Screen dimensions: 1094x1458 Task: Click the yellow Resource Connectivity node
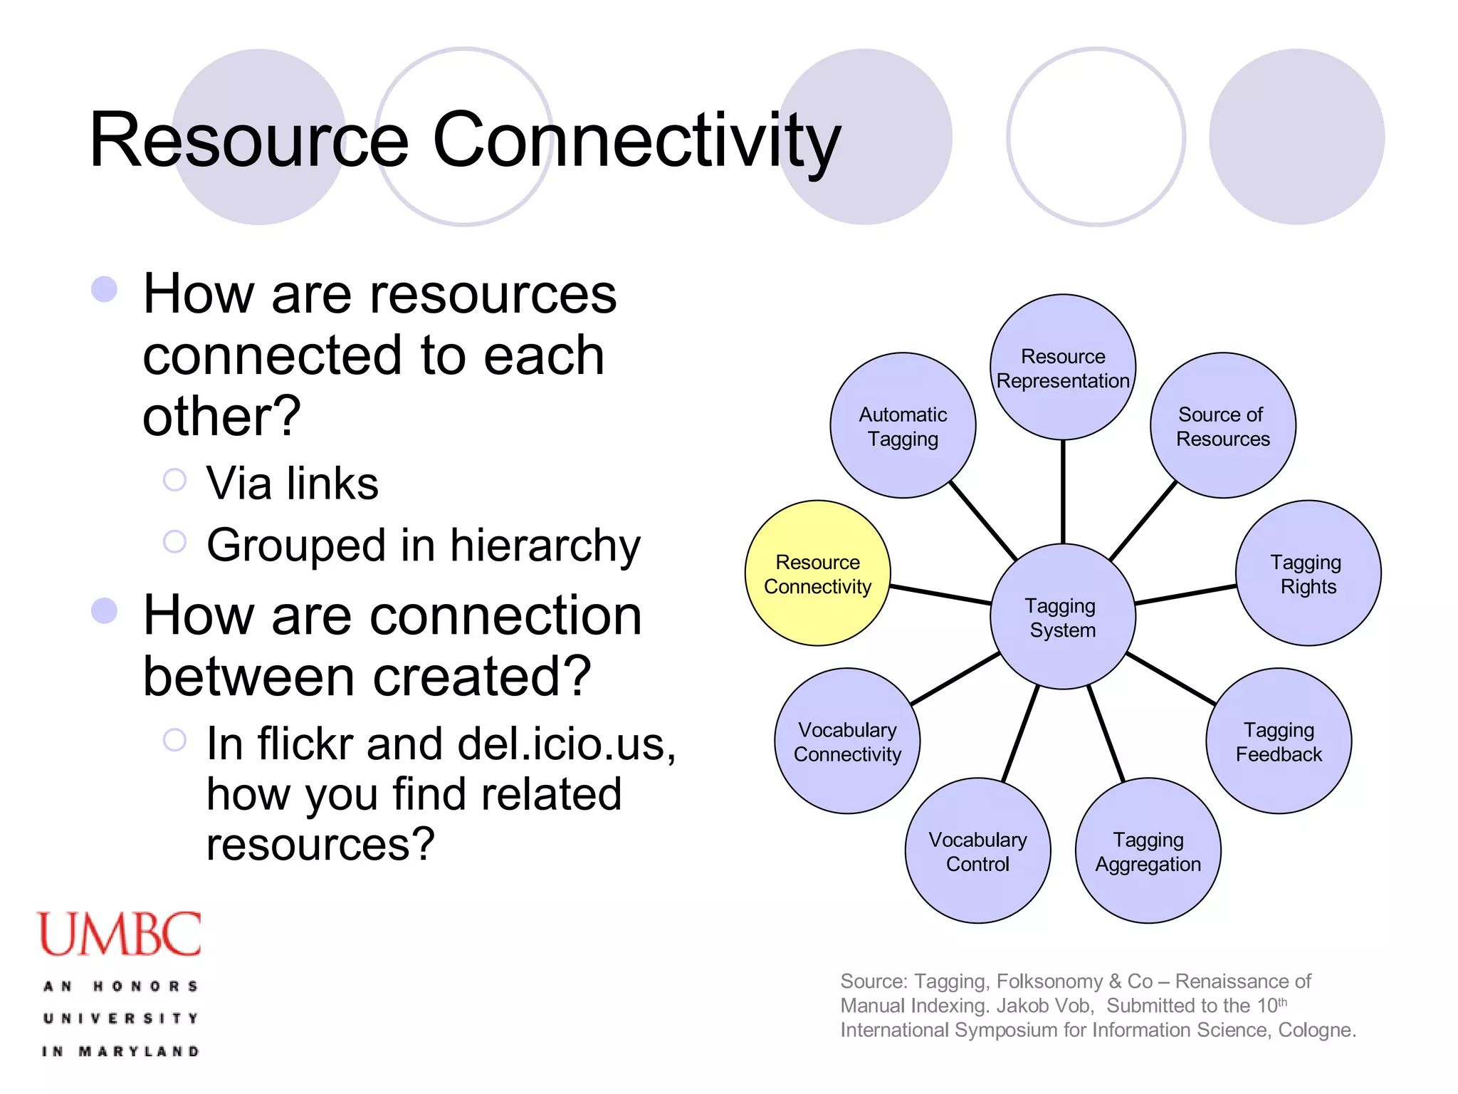(817, 573)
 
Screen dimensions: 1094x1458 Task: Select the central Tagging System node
(1062, 617)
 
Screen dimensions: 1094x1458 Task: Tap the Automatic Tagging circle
(903, 426)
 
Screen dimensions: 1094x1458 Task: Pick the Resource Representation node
(1062, 368)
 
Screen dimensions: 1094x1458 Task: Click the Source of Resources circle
(1222, 426)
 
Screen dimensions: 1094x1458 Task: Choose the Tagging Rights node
(1308, 573)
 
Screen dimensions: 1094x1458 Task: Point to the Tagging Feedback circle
(1279, 741)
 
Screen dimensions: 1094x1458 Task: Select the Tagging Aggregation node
(1148, 851)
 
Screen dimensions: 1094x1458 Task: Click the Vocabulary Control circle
(977, 851)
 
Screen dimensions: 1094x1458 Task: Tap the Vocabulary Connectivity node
(847, 741)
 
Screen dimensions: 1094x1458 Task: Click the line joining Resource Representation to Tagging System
(1063, 491)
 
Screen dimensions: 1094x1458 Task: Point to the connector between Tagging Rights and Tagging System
(1185, 595)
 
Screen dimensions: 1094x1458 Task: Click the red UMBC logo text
(119, 934)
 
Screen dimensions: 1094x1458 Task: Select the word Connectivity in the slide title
(636, 141)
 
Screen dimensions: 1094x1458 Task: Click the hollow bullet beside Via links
(174, 480)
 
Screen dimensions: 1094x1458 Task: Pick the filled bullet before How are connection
(105, 610)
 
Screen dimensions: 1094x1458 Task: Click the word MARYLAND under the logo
(139, 1051)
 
